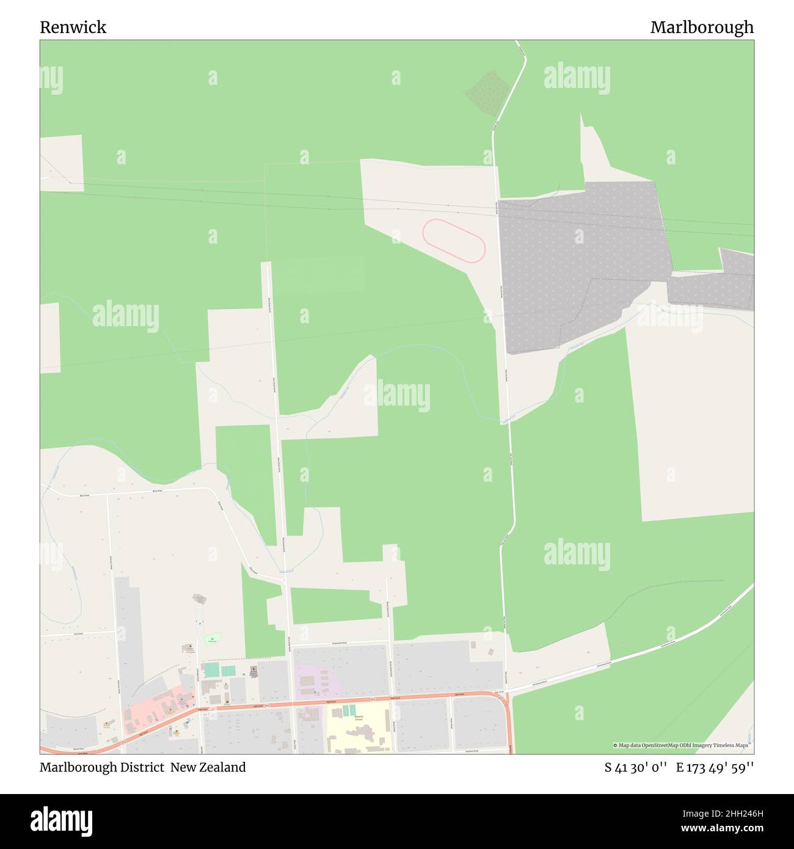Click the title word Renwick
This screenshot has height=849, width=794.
pos(73,27)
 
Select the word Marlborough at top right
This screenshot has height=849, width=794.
pos(702,27)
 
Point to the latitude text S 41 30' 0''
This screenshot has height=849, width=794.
pos(635,767)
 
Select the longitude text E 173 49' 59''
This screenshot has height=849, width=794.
pos(715,767)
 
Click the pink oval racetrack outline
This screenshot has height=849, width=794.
pos(454,241)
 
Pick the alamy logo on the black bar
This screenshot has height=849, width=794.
pos(61,820)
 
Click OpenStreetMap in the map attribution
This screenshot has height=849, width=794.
pos(660,745)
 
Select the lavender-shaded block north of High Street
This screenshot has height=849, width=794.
pos(318,680)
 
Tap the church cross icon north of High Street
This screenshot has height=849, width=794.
pos(253,670)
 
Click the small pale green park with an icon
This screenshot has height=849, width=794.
pos(213,639)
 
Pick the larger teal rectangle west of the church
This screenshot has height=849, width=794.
pos(211,670)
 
